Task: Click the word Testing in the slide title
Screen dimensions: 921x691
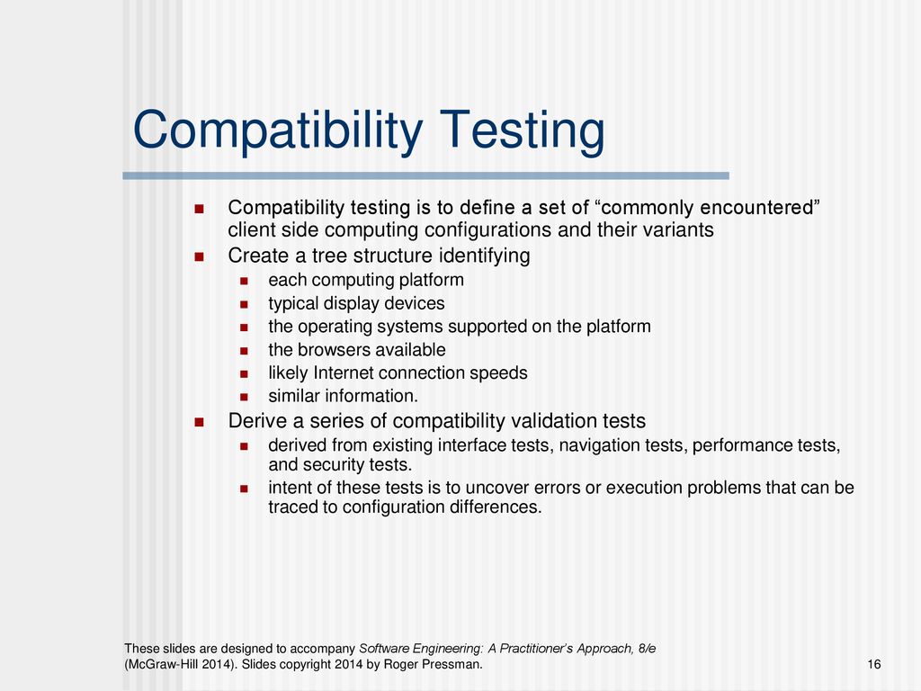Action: click(523, 131)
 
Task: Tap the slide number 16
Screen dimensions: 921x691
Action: click(874, 664)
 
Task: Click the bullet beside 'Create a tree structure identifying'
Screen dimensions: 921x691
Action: click(199, 256)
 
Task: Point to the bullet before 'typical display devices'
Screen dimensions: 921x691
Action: click(244, 304)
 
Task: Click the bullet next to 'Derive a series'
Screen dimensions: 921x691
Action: click(199, 422)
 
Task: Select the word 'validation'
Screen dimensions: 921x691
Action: click(553, 421)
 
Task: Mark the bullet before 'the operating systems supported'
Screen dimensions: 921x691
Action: click(244, 328)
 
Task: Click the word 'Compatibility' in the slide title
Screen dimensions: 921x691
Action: click(278, 131)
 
